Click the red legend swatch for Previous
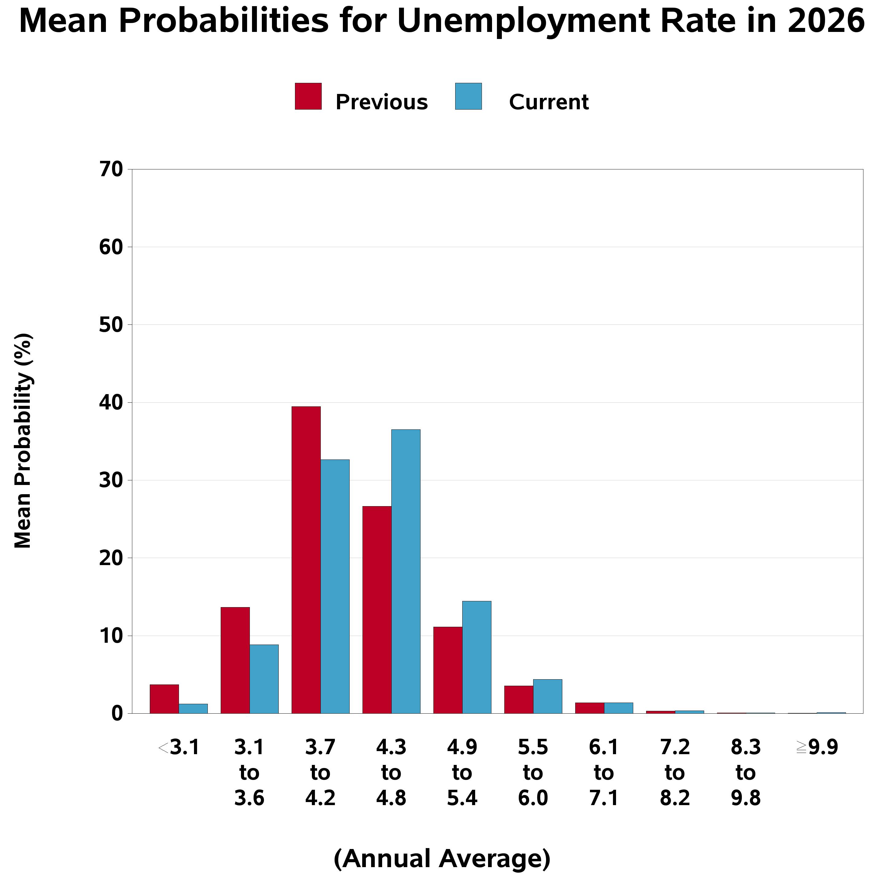[308, 96]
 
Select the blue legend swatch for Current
[468, 96]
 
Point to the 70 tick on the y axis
[111, 170]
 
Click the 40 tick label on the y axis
[111, 403]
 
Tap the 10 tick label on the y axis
[111, 636]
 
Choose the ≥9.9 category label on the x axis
[817, 747]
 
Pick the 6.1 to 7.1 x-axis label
[604, 772]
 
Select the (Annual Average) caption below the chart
[442, 859]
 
